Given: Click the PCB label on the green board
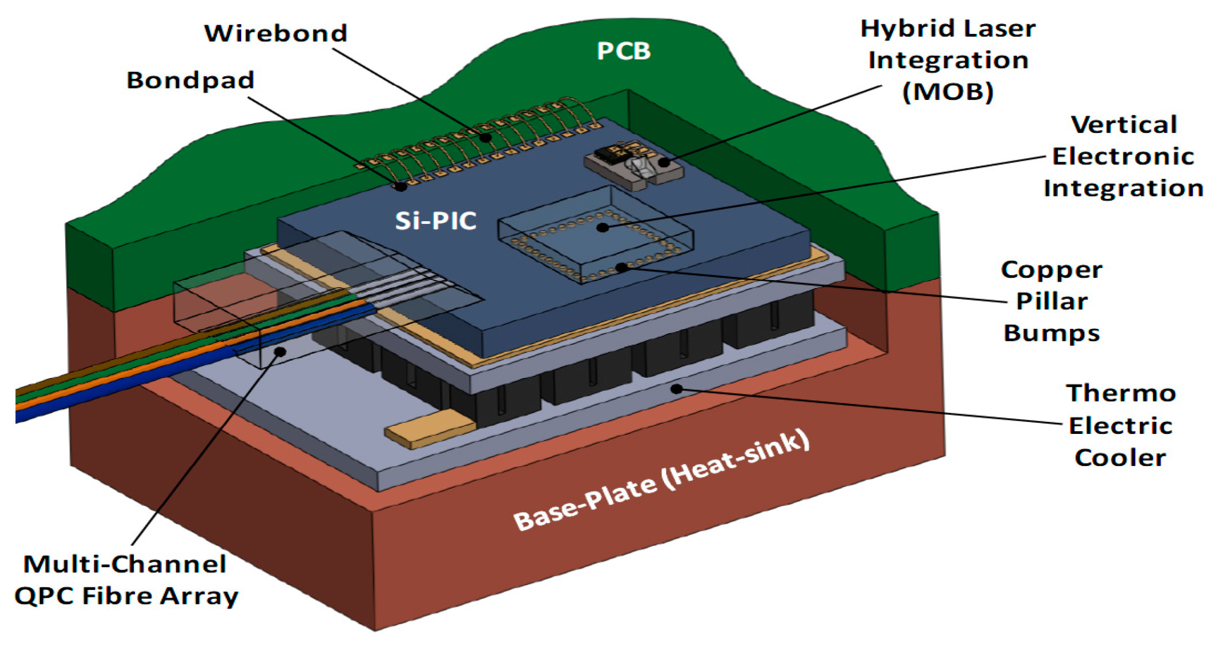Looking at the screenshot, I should coord(624,51).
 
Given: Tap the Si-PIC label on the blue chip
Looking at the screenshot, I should coord(435,221).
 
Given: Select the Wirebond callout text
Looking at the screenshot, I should coord(276,33).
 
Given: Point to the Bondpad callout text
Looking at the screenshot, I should coord(190,80).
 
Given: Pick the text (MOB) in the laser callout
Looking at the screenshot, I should coord(948,92).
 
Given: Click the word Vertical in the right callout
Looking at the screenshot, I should coord(1124,125).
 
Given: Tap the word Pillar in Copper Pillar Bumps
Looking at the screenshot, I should coord(1051,301).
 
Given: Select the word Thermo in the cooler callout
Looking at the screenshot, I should coord(1121,393).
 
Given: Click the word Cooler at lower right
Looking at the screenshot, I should coord(1120,458).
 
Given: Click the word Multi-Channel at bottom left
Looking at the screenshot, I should coord(125,564).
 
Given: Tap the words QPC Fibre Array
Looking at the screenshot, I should coord(126,596).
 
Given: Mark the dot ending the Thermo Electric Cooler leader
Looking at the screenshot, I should coord(677,389).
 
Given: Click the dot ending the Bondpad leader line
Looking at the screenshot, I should coord(401,186).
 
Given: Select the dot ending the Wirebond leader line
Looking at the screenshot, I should coord(485,137).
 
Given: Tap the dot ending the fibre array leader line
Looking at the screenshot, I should coord(281,351).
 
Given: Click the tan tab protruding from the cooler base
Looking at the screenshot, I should coord(429,427).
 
